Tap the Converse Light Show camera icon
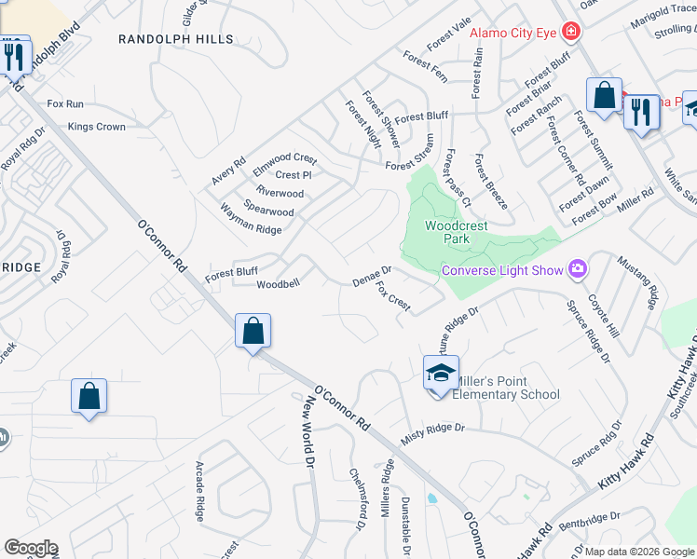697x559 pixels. click(x=578, y=269)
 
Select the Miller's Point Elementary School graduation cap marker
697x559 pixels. click(x=441, y=375)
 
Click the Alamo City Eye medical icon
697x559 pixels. click(x=570, y=33)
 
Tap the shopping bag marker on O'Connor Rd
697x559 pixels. click(x=253, y=331)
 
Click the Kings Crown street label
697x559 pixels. click(x=96, y=127)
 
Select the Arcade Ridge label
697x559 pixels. click(x=199, y=496)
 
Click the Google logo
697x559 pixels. click(x=31, y=548)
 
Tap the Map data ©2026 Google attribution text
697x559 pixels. click(x=639, y=552)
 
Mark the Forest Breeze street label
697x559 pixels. click(x=491, y=183)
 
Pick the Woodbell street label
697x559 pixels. click(x=278, y=284)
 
